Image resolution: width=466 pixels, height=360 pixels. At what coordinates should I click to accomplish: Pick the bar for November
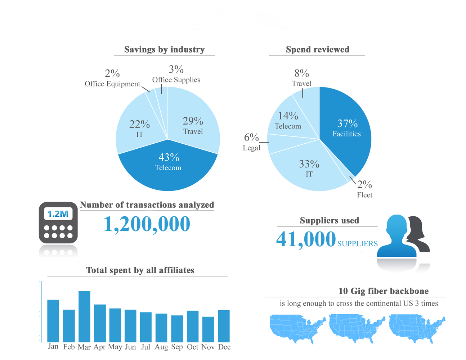point(208,329)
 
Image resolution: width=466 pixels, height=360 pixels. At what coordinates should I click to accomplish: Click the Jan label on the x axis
point(53,346)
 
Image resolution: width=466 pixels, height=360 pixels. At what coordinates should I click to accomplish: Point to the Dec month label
point(224,347)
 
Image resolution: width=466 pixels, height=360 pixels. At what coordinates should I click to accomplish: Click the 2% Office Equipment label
point(112,79)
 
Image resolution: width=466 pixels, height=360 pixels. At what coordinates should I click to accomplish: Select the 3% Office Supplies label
point(176,74)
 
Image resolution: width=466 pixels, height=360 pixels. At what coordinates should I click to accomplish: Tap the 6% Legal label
point(251,142)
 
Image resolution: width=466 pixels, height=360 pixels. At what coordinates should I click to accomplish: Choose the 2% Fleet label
point(364,189)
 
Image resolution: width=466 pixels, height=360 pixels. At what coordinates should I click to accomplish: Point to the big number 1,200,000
point(147,224)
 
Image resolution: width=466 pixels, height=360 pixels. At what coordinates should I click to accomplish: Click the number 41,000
point(306,239)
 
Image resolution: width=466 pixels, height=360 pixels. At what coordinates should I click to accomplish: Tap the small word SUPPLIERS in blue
point(357,244)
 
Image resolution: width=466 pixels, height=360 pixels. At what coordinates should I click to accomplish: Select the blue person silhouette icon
point(396,238)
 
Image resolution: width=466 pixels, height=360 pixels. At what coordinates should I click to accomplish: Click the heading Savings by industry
point(164,50)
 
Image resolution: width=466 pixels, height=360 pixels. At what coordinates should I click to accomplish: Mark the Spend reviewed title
point(317,50)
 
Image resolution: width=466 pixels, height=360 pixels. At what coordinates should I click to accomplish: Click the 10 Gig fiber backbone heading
point(383,291)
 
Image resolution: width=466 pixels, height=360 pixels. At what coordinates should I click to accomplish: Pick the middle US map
point(357,328)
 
